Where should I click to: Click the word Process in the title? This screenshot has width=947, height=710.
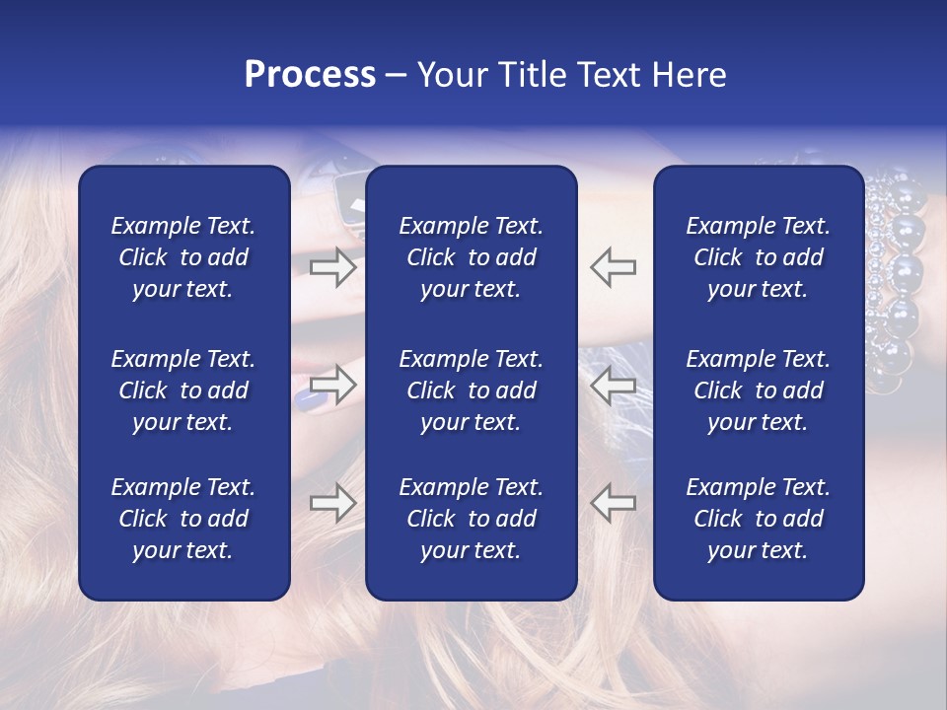click(x=310, y=75)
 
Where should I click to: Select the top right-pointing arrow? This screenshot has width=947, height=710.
click(x=333, y=267)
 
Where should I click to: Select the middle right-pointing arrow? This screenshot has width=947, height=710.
click(x=333, y=385)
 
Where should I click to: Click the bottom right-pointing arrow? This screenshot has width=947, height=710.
click(x=333, y=502)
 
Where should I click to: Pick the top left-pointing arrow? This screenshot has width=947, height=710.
click(x=614, y=267)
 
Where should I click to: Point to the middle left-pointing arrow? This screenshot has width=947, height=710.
click(x=614, y=385)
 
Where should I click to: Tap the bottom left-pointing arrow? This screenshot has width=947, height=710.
click(x=614, y=502)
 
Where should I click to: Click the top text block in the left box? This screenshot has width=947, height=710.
click(x=183, y=257)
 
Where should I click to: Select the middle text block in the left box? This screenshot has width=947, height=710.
click(x=183, y=390)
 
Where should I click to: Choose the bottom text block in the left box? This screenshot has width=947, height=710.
click(x=183, y=519)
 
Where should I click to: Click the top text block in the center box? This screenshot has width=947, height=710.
click(x=471, y=257)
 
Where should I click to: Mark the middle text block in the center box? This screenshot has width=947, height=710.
click(x=471, y=390)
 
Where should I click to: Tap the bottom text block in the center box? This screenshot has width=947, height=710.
click(x=471, y=519)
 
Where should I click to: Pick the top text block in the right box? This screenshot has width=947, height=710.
click(x=759, y=257)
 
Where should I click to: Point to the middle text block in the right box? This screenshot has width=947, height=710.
click(x=759, y=390)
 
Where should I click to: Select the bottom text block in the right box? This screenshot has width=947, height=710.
click(x=759, y=519)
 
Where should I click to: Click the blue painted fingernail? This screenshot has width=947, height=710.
click(x=308, y=398)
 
